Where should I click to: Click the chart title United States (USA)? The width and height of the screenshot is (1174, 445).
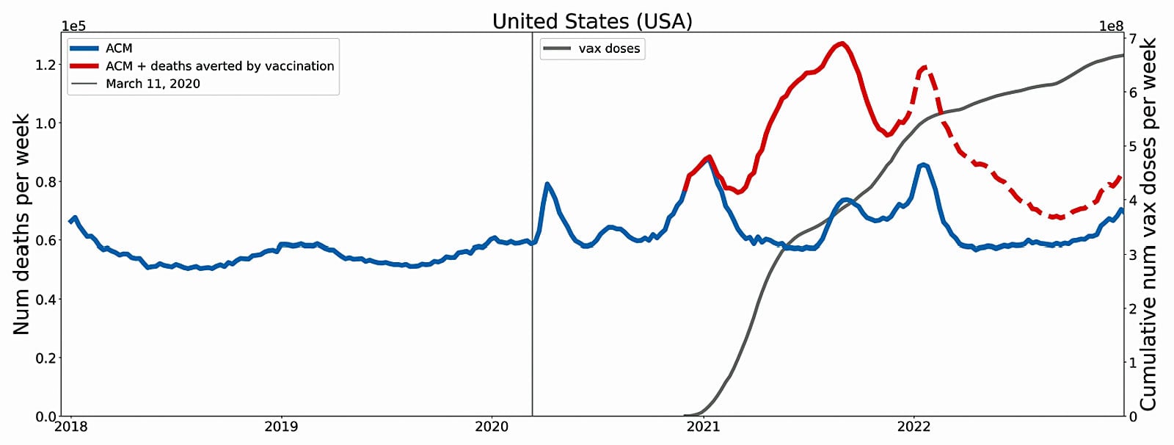click(592, 21)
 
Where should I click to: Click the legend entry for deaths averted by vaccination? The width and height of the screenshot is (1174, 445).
click(219, 66)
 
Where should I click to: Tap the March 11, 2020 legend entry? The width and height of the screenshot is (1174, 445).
click(153, 84)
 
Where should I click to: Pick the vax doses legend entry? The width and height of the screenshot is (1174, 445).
click(609, 48)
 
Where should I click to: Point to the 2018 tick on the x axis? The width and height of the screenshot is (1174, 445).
click(71, 427)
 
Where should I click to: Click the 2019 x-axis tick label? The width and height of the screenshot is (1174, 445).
click(281, 427)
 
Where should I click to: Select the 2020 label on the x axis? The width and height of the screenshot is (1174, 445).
click(492, 427)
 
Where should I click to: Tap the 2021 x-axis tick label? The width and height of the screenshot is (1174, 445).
click(703, 427)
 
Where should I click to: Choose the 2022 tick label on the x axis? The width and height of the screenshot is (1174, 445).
click(914, 427)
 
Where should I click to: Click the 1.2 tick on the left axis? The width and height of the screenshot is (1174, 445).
click(45, 65)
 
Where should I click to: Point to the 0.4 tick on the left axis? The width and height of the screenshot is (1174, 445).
click(45, 300)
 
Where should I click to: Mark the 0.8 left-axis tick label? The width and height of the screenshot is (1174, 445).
click(45, 182)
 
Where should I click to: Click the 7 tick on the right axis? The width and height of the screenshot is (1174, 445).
click(1133, 37)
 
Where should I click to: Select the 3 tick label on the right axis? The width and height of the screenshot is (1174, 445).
click(1133, 254)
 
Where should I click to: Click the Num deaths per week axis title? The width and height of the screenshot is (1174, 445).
click(21, 224)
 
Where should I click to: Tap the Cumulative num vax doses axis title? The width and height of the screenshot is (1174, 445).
click(1148, 224)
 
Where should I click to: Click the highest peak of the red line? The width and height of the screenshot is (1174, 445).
click(842, 43)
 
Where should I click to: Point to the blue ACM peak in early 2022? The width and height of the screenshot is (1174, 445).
click(923, 164)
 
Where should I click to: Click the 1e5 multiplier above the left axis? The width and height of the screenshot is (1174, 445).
click(73, 26)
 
